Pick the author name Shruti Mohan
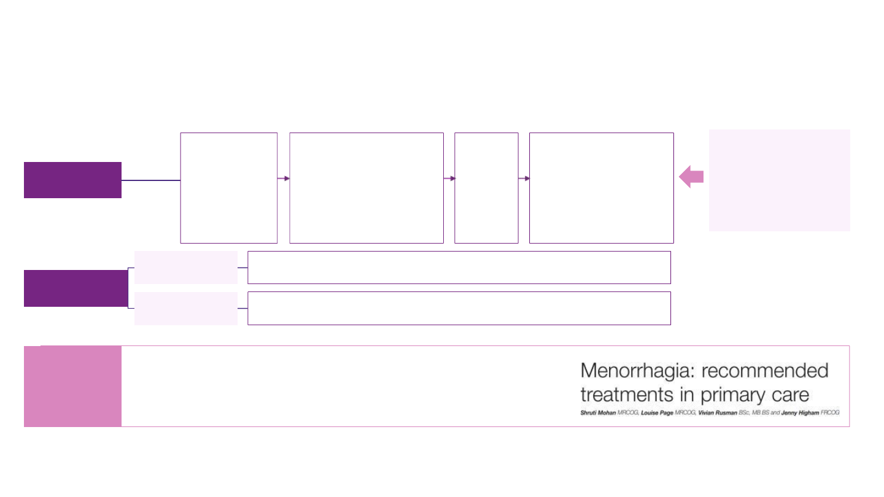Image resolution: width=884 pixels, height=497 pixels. pyautogui.click(x=599, y=413)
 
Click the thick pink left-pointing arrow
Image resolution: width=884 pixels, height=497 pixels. pyautogui.click(x=691, y=177)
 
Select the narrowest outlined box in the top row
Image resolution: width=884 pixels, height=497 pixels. pyautogui.click(x=486, y=188)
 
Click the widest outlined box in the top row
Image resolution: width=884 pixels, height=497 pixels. pyautogui.click(x=366, y=188)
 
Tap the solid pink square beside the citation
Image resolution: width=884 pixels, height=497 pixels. pyautogui.click(x=72, y=386)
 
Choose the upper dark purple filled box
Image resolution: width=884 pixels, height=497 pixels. pyautogui.click(x=72, y=180)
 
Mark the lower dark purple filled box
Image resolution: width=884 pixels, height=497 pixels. pyautogui.click(x=76, y=288)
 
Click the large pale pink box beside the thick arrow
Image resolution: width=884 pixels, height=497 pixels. pyautogui.click(x=779, y=180)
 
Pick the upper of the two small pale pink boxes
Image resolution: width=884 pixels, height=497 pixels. pyautogui.click(x=186, y=268)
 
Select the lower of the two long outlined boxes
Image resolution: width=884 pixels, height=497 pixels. pyautogui.click(x=459, y=308)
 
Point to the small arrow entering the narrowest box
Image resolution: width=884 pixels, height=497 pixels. pyautogui.click(x=450, y=179)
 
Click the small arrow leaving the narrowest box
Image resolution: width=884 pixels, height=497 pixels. pyautogui.click(x=524, y=179)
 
